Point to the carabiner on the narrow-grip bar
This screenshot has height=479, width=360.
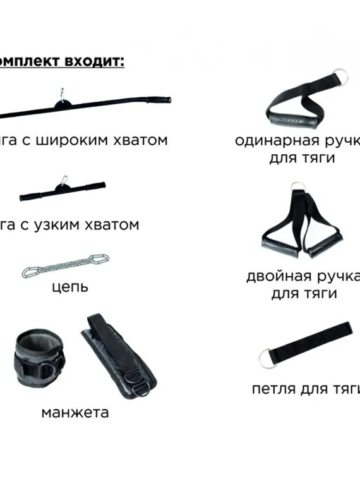click(x=63, y=181)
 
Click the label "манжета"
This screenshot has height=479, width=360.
click(x=75, y=413)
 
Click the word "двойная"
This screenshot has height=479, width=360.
click(x=277, y=277)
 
